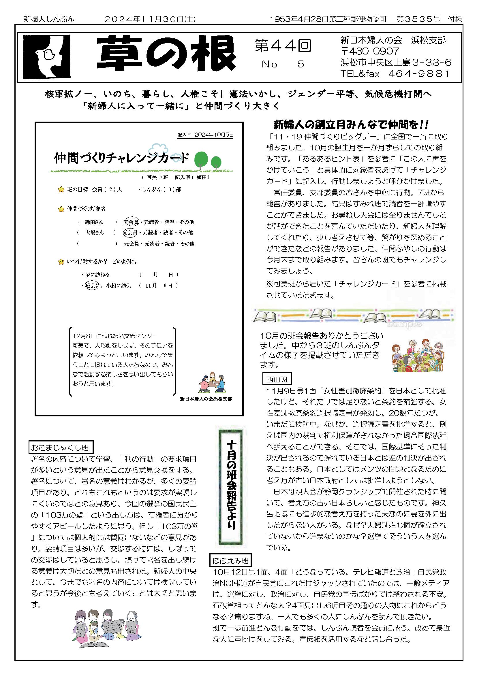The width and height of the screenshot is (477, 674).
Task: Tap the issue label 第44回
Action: [283, 46]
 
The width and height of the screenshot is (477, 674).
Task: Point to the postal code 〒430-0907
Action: [370, 51]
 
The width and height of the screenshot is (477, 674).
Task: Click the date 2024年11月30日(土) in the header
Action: [150, 19]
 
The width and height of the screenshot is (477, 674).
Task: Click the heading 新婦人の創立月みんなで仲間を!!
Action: [351, 124]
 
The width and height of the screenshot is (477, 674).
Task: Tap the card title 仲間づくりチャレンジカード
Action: [121, 158]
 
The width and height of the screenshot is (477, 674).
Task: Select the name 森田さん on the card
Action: [94, 222]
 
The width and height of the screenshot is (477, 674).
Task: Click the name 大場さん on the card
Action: [94, 233]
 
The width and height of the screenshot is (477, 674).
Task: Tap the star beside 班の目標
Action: [61, 190]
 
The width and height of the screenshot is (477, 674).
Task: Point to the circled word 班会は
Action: [91, 285]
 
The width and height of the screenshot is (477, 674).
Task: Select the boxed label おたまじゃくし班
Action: [61, 448]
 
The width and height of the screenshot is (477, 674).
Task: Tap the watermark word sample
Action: [404, 324]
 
